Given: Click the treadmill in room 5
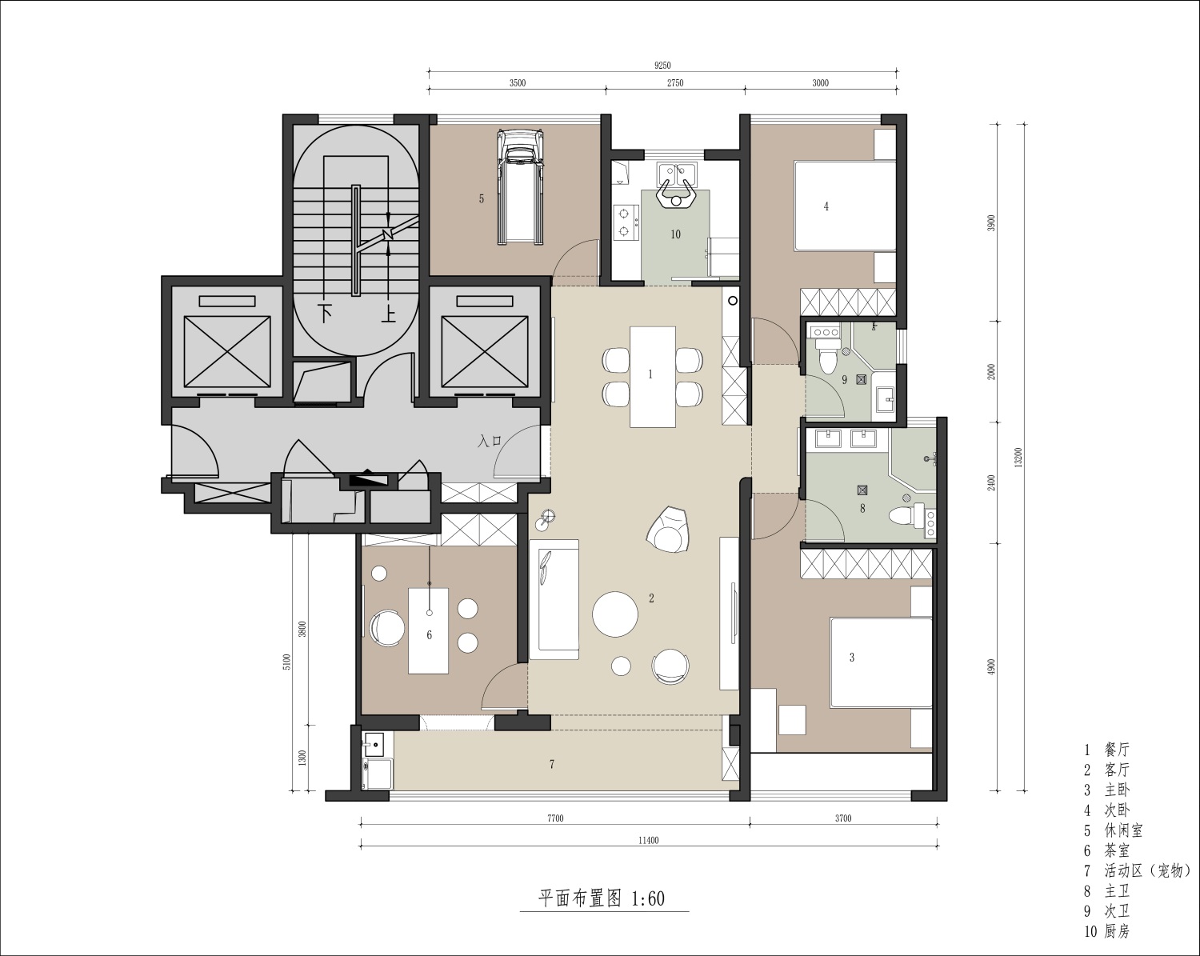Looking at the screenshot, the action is [x=520, y=187].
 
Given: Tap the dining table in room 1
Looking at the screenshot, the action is [x=653, y=377].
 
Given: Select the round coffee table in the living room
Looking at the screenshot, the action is [x=615, y=614].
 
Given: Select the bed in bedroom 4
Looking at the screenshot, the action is [x=845, y=206].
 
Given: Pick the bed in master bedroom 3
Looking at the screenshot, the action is [x=881, y=662].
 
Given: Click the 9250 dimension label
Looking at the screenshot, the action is [x=662, y=66].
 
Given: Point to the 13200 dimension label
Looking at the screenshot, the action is [x=1018, y=458].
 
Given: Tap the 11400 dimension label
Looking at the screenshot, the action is [x=649, y=840].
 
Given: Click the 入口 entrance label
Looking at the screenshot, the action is [x=490, y=441].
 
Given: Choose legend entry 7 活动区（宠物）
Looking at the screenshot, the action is [x=1138, y=870].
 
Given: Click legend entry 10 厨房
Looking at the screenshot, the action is [x=1107, y=931].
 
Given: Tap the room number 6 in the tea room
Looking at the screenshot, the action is [x=429, y=634].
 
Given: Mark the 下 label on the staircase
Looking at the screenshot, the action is [x=326, y=314].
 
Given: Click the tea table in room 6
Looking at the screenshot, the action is [x=429, y=631].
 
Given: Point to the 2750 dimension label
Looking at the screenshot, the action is [x=675, y=83].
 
